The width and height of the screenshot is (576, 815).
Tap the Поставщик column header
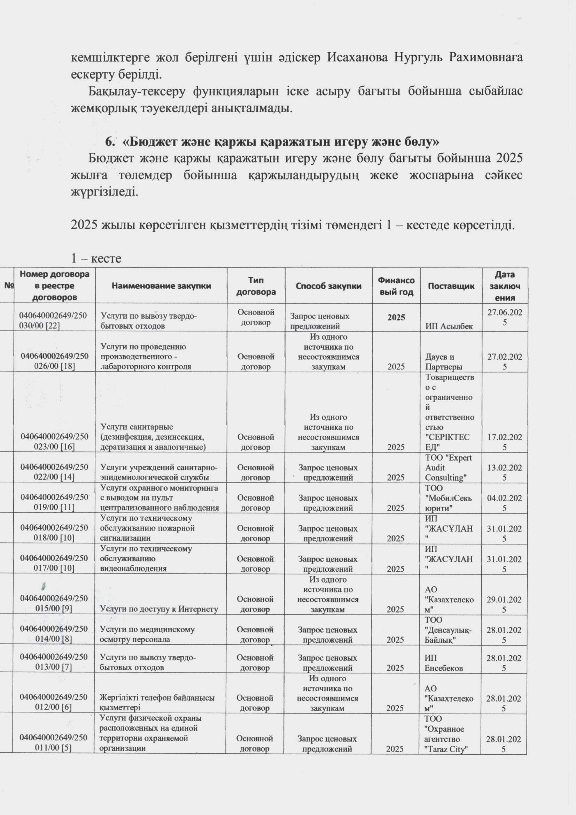tap(451, 286)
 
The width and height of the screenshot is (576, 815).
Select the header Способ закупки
tap(328, 286)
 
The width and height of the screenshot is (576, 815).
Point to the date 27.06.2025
tap(504, 317)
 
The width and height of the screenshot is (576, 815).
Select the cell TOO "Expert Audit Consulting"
tap(448, 467)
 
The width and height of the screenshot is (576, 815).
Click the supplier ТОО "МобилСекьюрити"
tap(448, 498)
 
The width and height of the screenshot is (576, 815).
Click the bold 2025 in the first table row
tap(396, 317)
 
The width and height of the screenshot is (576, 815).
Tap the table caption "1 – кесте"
tap(96, 258)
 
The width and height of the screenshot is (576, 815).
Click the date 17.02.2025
tap(504, 442)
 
